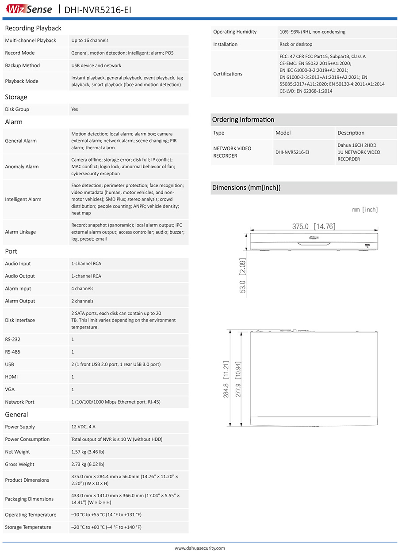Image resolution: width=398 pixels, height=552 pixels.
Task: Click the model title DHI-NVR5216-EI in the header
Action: click(x=98, y=9)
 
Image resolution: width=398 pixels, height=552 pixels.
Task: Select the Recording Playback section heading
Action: click(x=33, y=28)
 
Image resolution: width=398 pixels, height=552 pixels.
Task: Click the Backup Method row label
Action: click(x=22, y=65)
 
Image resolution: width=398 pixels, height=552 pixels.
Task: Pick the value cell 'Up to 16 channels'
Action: click(x=90, y=41)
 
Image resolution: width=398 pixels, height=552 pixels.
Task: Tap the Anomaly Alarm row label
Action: click(x=22, y=166)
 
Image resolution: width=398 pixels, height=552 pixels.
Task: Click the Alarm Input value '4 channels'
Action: click(x=82, y=289)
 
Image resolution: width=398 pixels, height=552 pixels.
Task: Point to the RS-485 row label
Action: click(x=12, y=352)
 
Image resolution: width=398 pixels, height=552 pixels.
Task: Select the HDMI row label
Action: click(x=11, y=377)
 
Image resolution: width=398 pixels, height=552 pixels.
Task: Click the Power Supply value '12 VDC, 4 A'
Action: click(x=83, y=427)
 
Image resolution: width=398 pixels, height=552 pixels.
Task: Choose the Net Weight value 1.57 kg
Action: click(x=88, y=452)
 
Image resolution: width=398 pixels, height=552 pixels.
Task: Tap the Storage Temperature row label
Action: click(x=28, y=527)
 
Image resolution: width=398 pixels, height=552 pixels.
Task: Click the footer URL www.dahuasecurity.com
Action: click(x=199, y=548)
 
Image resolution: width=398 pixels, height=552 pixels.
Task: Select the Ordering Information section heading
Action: click(x=243, y=120)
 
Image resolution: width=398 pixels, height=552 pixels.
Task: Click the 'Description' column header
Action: click(x=351, y=133)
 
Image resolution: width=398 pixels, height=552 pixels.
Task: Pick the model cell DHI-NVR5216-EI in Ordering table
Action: click(x=292, y=152)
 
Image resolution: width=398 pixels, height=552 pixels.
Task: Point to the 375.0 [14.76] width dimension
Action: click(x=314, y=227)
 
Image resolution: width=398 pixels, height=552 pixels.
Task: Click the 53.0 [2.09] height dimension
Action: click(x=242, y=276)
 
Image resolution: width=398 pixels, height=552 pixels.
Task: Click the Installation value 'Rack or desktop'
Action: click(x=296, y=44)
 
